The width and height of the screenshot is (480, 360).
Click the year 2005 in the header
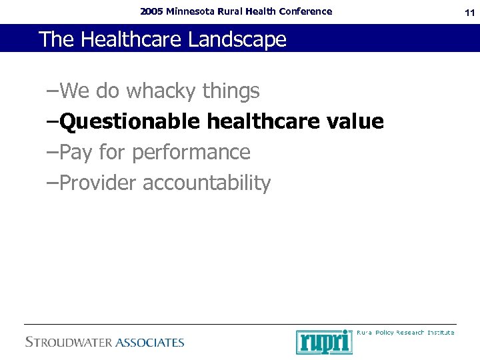152,11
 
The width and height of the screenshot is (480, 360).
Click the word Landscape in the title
237,39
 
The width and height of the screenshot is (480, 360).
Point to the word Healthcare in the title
132,39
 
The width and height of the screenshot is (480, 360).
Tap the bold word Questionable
129,122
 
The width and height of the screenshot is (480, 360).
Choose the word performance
191,153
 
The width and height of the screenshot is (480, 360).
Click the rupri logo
324,342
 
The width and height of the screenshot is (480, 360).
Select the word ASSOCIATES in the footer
150,343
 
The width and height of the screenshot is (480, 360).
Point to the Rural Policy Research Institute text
406,332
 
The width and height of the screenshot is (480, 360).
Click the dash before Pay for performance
53,153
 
